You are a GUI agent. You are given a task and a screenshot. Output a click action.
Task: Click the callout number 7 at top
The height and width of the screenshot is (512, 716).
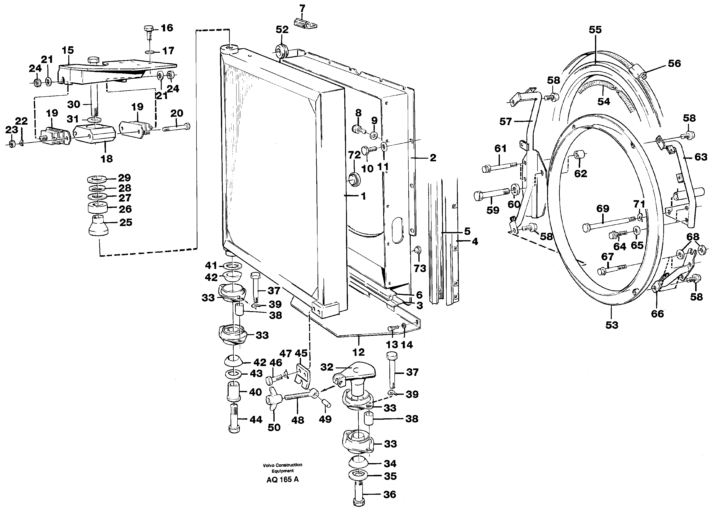click(302, 9)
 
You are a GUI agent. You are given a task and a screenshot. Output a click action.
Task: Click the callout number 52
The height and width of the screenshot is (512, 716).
click(282, 30)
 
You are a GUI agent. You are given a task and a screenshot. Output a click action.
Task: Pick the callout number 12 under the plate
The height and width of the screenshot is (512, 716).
click(358, 352)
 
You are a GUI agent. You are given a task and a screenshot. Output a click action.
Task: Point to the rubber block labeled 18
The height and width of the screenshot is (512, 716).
click(95, 134)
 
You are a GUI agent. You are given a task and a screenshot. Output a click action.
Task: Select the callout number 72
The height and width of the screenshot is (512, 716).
click(354, 155)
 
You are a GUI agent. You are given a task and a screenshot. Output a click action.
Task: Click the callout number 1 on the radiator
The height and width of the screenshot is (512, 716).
click(363, 196)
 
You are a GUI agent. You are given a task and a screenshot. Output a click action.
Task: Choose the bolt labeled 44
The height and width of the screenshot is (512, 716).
click(234, 419)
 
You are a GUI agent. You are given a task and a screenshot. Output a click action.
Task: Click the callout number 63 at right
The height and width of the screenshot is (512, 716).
click(701, 157)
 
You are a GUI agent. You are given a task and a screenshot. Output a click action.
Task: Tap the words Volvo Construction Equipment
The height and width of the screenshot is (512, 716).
click(282, 468)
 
